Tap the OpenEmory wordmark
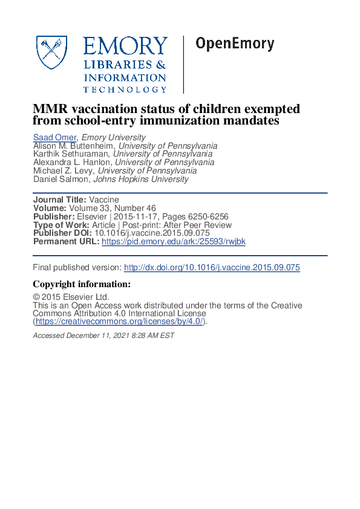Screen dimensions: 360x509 click(234, 44)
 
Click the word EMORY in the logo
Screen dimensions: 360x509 click(125, 47)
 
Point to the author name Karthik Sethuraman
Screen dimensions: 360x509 click(71, 154)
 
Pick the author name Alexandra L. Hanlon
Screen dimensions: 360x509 click(73, 163)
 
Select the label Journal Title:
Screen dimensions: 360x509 click(59, 199)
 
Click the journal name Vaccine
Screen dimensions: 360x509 click(104, 199)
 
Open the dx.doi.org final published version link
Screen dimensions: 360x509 click(212, 268)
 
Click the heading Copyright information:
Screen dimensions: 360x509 click(82, 284)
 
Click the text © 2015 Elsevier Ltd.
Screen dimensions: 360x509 click(71, 297)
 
